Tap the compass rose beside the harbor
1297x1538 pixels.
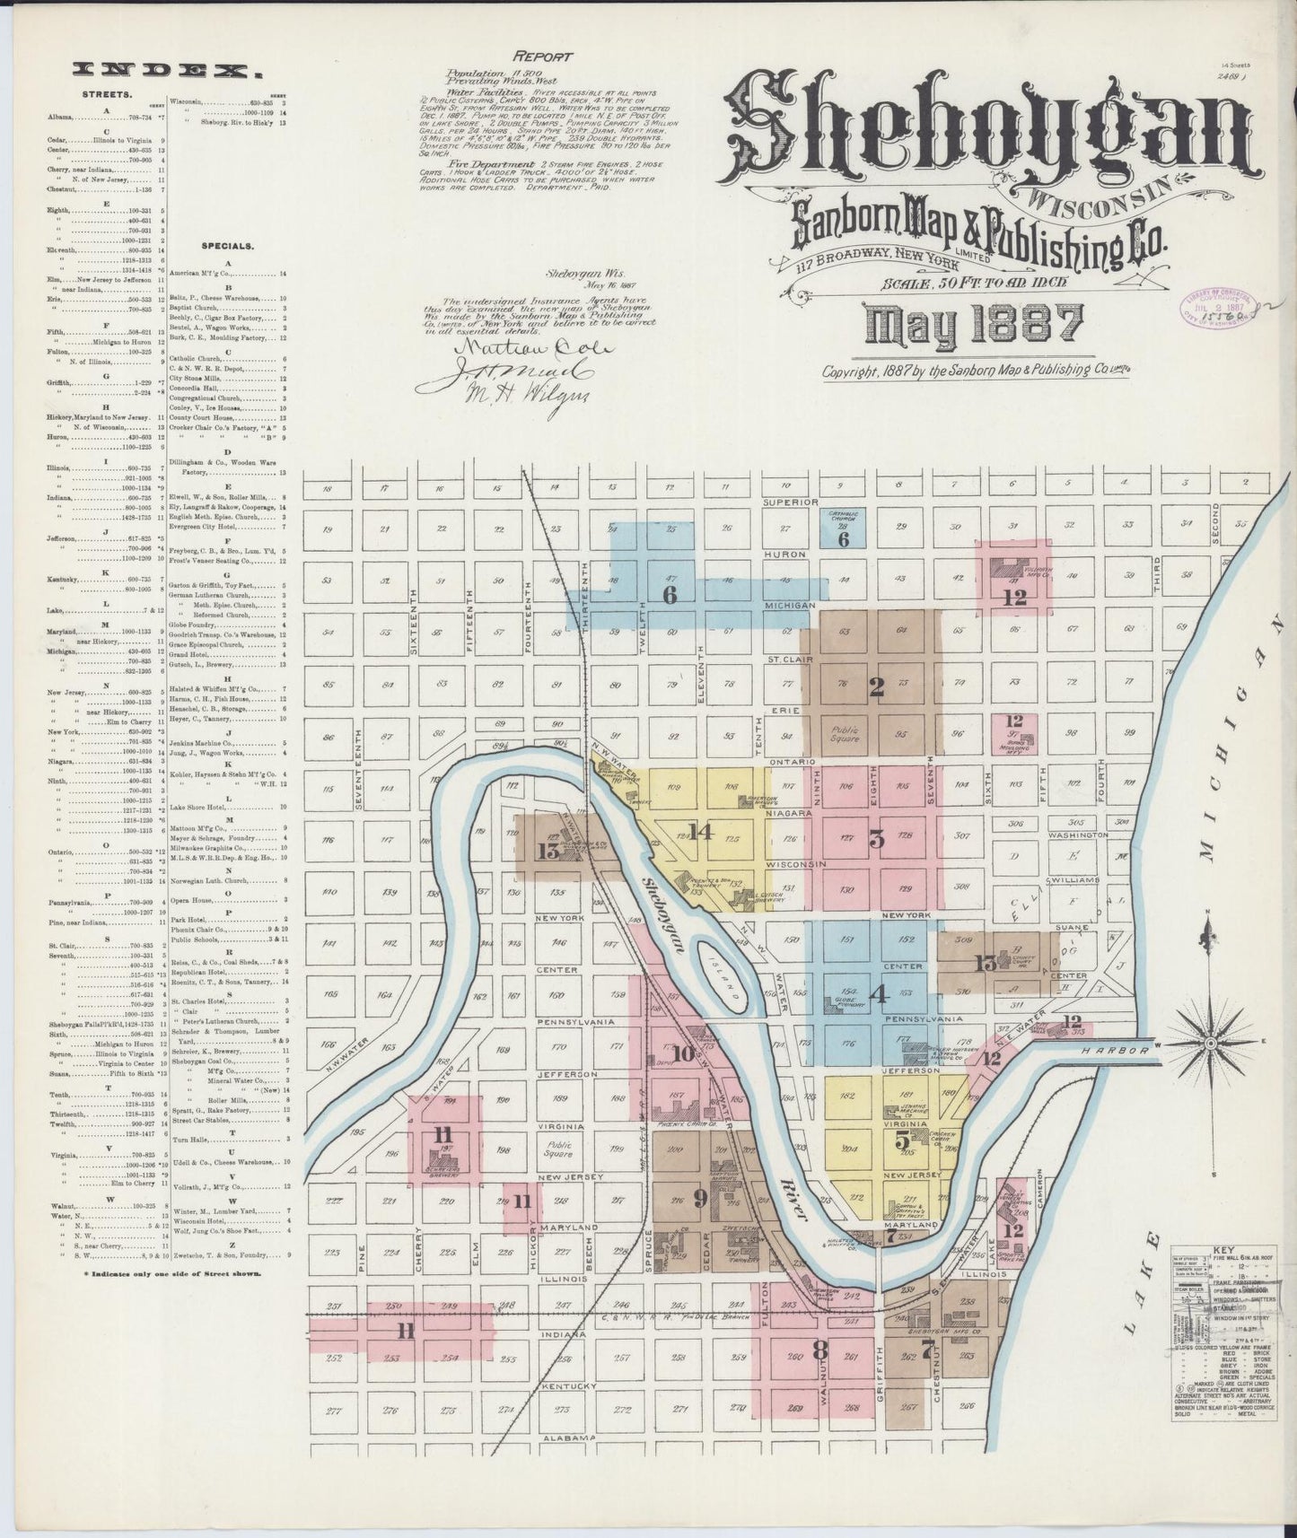pos(1209,1044)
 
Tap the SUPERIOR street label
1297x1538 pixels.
pos(787,502)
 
